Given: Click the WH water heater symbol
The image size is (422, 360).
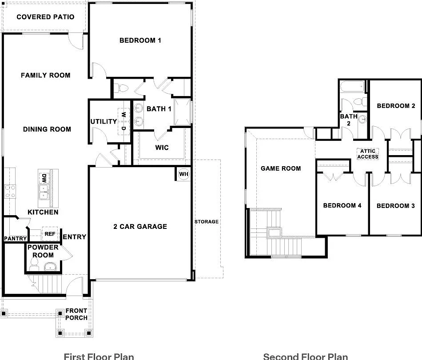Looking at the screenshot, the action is [184, 174].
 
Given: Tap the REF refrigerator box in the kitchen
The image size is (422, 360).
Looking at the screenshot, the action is [50, 234].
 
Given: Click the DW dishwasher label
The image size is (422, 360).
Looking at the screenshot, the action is [44, 178].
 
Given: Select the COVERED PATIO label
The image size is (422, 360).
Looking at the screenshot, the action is [45, 17].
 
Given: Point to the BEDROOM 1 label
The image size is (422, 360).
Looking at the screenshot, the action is [140, 40].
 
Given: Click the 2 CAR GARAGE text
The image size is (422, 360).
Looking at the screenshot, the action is [140, 227].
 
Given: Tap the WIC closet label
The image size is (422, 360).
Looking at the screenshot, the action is [162, 148].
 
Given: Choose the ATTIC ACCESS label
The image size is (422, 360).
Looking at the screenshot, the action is [368, 154].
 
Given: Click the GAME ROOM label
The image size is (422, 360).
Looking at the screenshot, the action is [281, 168].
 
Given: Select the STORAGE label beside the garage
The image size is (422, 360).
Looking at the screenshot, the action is [207, 222].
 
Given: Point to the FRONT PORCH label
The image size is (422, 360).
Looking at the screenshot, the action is [76, 314].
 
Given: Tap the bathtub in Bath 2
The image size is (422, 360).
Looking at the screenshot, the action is [353, 87].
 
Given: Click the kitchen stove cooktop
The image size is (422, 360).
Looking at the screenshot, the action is [10, 192].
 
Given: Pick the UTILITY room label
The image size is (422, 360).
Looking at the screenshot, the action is [104, 121].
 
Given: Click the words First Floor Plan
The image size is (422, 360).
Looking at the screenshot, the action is [99, 356].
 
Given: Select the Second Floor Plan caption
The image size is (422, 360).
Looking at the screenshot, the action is [306, 356].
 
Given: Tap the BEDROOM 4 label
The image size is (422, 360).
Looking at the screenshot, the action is [342, 205].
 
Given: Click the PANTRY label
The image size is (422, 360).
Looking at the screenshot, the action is [16, 239].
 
